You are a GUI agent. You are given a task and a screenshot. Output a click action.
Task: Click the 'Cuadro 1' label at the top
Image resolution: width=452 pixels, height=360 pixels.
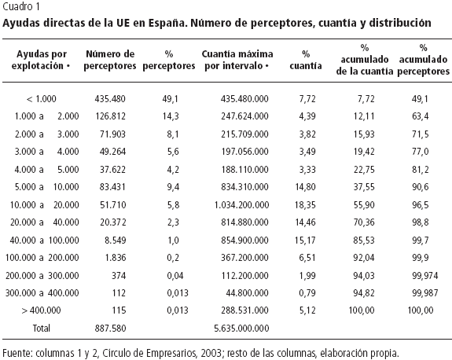pyautogui.click(x=20, y=6)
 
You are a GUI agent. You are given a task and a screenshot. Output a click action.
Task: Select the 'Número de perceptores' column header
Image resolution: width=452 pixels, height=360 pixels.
pyautogui.click(x=110, y=60)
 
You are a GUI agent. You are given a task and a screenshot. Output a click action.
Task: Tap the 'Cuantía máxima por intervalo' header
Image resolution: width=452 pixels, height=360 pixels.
pyautogui.click(x=237, y=60)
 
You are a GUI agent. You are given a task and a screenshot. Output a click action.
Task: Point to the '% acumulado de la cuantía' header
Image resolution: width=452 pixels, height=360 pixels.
pyautogui.click(x=365, y=60)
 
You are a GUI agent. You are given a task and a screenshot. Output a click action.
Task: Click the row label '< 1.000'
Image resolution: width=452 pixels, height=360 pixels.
pyautogui.click(x=41, y=99)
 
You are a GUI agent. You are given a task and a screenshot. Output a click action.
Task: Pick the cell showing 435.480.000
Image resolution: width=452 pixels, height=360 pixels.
pyautogui.click(x=244, y=99)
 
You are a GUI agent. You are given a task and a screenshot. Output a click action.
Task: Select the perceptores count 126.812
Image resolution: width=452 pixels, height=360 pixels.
pyautogui.click(x=110, y=116)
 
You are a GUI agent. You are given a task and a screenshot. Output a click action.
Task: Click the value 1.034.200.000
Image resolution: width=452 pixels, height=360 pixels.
pyautogui.click(x=241, y=205)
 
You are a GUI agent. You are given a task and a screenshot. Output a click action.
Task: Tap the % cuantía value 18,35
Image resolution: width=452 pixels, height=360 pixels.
pyautogui.click(x=305, y=205)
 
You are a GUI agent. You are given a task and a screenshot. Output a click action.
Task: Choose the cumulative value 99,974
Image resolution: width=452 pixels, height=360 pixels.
pyautogui.click(x=425, y=276)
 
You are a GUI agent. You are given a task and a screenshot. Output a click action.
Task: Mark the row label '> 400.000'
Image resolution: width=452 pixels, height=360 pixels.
pyautogui.click(x=41, y=310)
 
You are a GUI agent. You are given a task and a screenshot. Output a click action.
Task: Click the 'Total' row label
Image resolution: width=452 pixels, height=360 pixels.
pyautogui.click(x=41, y=328)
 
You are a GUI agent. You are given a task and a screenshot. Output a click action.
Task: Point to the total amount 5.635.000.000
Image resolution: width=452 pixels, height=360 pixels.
pyautogui.click(x=241, y=328)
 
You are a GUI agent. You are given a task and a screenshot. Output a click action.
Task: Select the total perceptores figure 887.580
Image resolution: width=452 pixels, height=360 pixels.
pyautogui.click(x=110, y=328)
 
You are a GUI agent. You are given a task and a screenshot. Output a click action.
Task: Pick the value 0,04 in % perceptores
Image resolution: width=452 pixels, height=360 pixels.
pyautogui.click(x=175, y=276)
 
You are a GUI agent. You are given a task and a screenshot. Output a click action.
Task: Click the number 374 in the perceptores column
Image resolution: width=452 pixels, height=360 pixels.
pyautogui.click(x=119, y=276)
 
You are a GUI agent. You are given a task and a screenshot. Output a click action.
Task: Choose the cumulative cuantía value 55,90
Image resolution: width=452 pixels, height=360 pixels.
pyautogui.click(x=364, y=205)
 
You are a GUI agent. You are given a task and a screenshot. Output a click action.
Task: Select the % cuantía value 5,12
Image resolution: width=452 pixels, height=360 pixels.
pyautogui.click(x=307, y=310)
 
